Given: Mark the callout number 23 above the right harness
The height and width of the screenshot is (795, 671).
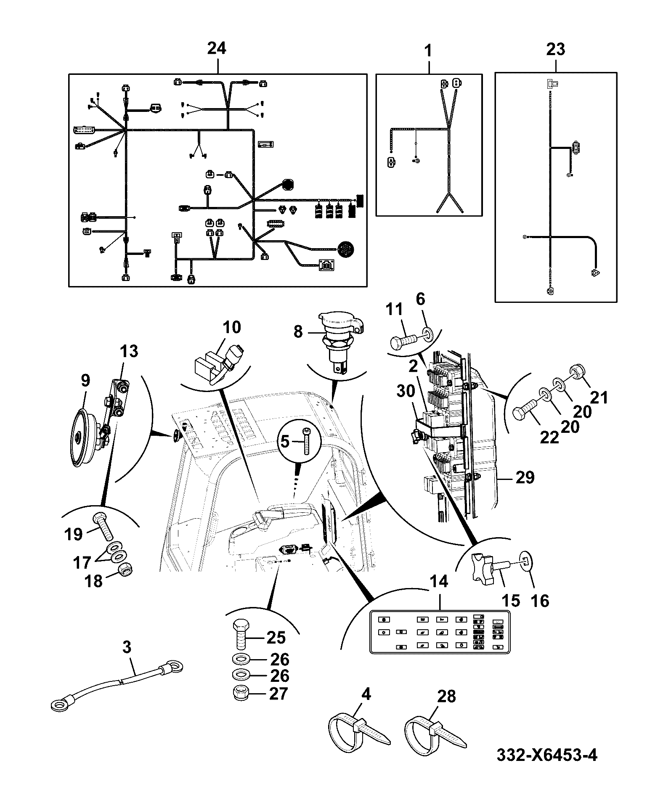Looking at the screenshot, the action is tap(556, 49).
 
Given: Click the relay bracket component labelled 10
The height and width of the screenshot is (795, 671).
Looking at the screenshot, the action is tap(220, 363).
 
